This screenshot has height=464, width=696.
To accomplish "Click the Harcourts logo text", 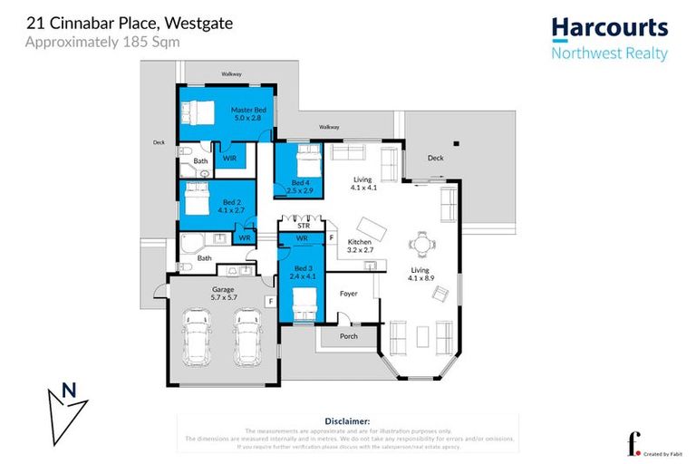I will (x=609, y=28).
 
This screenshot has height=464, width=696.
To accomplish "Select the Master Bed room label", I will (x=246, y=113).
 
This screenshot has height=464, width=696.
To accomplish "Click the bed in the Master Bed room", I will (x=197, y=113).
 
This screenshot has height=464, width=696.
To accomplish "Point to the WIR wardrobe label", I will (x=229, y=158).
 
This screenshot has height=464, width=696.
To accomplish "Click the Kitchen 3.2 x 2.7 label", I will (x=356, y=246).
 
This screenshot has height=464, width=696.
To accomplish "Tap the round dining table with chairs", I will (x=420, y=243).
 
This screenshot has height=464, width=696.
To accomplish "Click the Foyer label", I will (x=349, y=294).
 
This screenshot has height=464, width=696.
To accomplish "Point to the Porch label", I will (x=348, y=336).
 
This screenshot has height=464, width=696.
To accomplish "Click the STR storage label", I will (x=303, y=226).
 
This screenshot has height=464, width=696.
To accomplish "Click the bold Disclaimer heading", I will (x=347, y=421).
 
